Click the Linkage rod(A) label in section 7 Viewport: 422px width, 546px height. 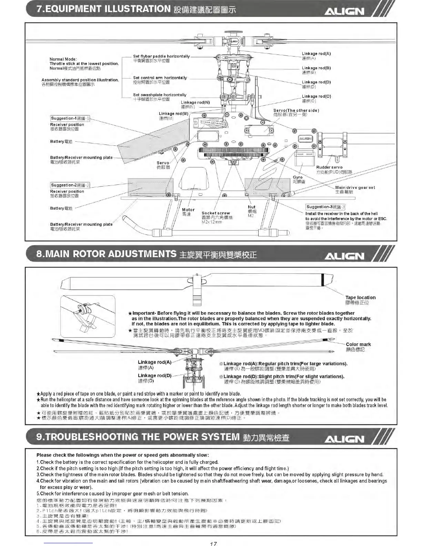click(x=316, y=54)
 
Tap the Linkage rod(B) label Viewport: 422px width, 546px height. click(x=316, y=68)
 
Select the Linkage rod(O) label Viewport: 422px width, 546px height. click(x=316, y=97)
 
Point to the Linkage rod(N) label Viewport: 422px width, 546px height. click(x=195, y=102)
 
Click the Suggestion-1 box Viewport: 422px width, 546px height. click(x=70, y=119)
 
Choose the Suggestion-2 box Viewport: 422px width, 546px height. click(x=70, y=185)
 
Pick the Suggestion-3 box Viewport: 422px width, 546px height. click(x=325, y=207)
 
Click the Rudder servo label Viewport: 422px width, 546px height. click(x=329, y=168)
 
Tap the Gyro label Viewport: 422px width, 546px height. click(x=298, y=178)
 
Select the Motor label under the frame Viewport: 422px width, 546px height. click(x=188, y=210)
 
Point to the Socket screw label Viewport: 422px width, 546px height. click(x=216, y=213)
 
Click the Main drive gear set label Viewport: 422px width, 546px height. click(x=355, y=188)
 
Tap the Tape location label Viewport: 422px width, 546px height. click(x=360, y=297)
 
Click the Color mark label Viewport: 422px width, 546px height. click(x=358, y=344)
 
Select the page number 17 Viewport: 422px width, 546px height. click(x=213, y=543)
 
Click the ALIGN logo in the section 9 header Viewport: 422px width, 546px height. click(x=344, y=439)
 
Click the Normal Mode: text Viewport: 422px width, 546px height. click(x=63, y=59)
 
